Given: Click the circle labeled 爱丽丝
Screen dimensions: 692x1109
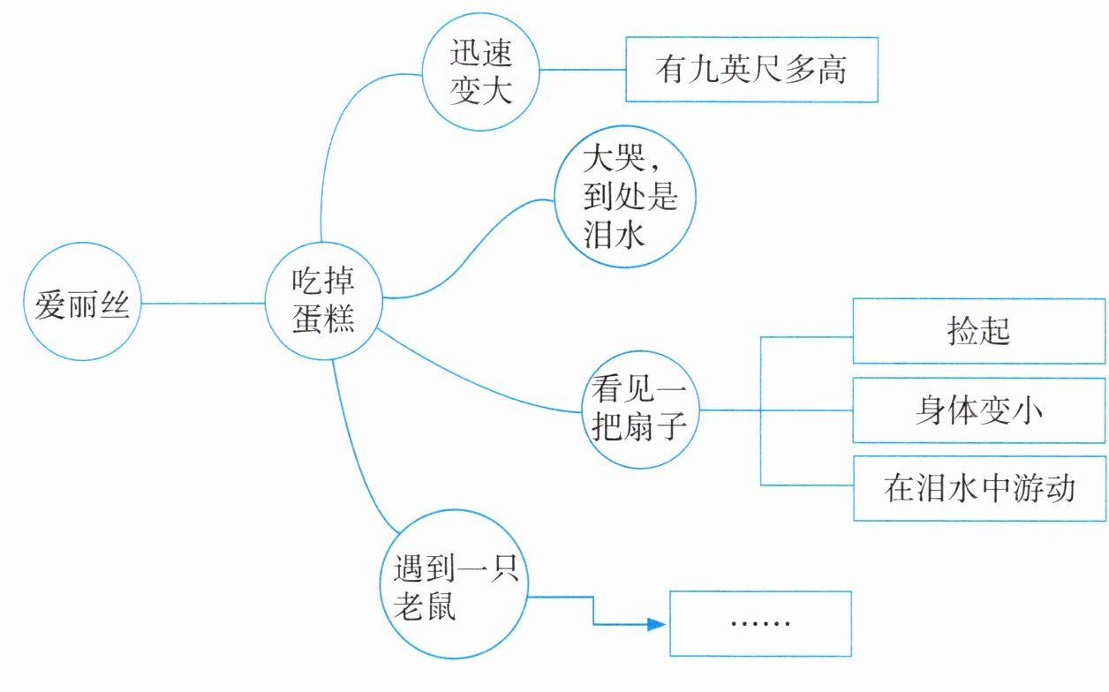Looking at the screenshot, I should (82, 303).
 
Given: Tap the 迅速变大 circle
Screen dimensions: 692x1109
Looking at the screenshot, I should (481, 72).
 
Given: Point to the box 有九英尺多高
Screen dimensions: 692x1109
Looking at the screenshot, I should (751, 70).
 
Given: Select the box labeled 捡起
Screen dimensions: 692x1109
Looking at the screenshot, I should (977, 331).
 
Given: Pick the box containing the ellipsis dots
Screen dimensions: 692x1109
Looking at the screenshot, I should (760, 623).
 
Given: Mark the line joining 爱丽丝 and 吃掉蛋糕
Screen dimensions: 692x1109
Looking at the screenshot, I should (203, 303).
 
